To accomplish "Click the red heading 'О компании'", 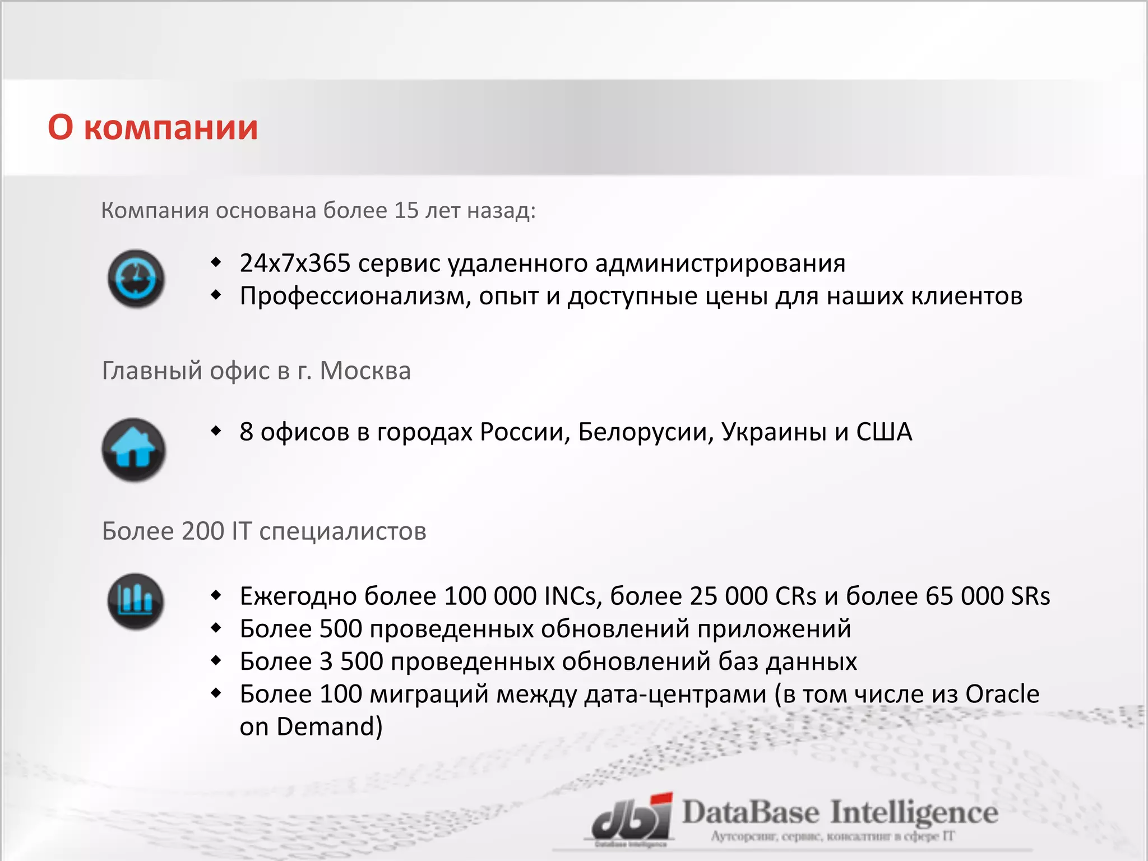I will tap(152, 128).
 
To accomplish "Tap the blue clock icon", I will tap(136, 279).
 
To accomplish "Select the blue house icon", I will tap(134, 450).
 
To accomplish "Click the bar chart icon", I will tap(135, 601).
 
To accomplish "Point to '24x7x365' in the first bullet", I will tap(295, 263).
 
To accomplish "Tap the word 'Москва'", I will tap(365, 371).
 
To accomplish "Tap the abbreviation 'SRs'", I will tap(1030, 596).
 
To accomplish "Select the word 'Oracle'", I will tap(1002, 695).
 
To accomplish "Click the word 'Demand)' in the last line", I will tap(330, 727).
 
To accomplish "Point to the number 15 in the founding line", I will tap(406, 211).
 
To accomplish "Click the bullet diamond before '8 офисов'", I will tap(216, 431).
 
